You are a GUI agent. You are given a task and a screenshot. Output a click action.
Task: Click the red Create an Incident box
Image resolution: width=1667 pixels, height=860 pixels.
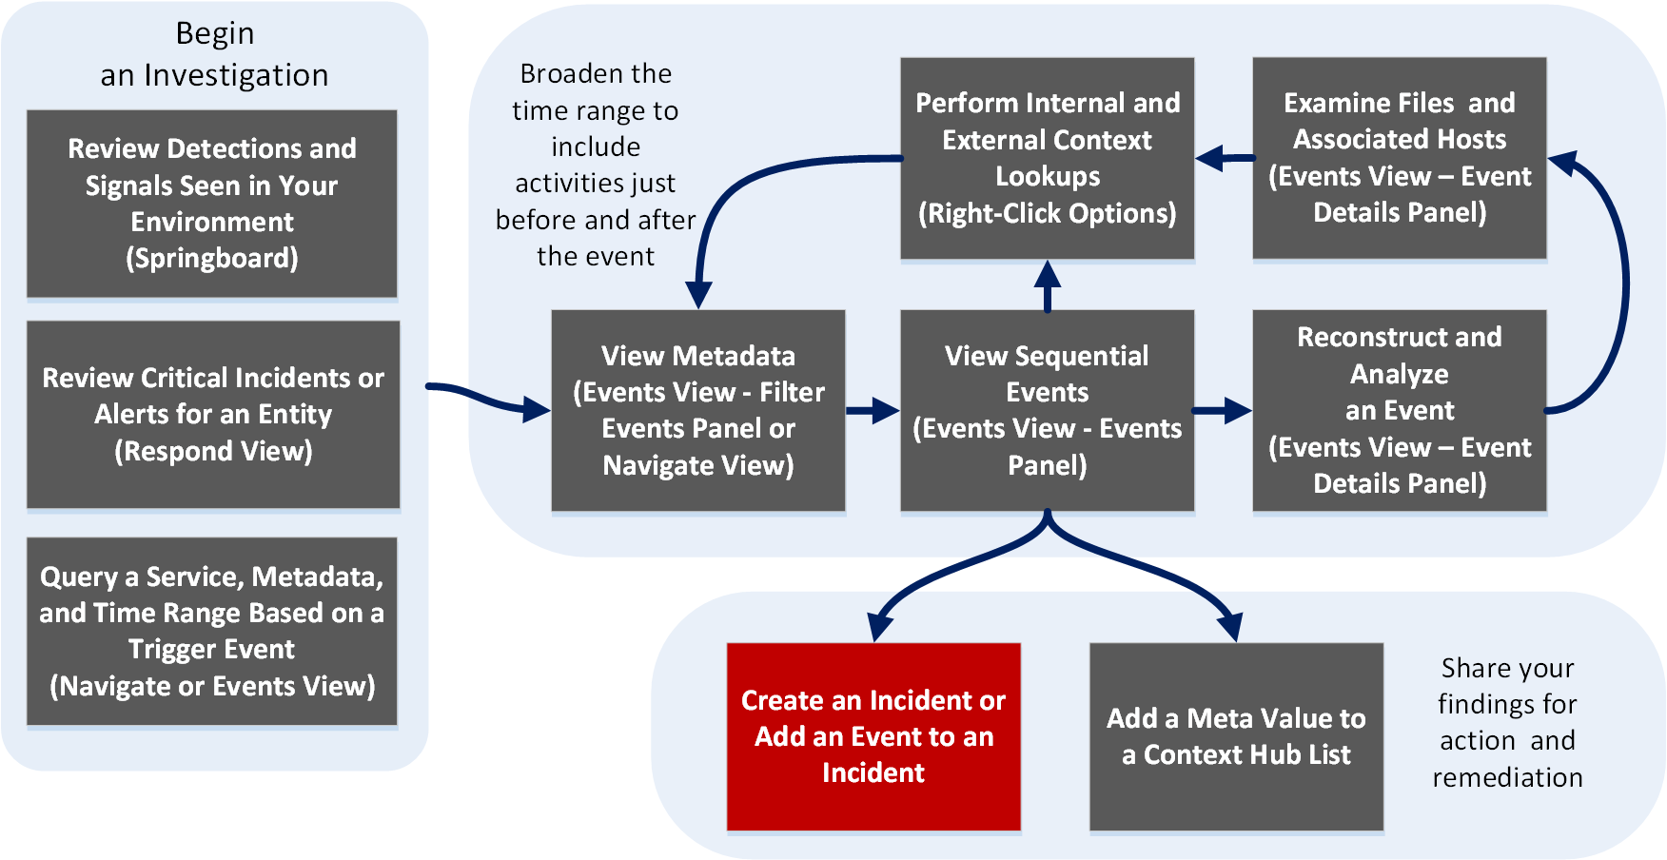point(873,736)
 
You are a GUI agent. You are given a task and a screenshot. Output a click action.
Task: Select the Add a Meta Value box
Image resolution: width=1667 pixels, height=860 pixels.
point(1236,736)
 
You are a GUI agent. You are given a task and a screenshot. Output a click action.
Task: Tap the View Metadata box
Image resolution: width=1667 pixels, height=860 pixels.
point(698,410)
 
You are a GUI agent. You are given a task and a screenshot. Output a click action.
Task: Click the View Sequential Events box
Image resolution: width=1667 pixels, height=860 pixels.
point(1047,410)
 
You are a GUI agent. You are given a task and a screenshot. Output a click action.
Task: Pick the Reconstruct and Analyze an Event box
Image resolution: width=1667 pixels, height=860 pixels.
point(1399,410)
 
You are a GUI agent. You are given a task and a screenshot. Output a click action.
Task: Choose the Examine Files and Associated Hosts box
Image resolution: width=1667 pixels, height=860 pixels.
point(1399,158)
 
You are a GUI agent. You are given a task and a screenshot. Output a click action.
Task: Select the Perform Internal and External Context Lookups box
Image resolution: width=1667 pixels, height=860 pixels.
point(1047,158)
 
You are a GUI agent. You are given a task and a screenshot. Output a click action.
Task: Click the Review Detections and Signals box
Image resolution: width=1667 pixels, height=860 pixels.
point(211,204)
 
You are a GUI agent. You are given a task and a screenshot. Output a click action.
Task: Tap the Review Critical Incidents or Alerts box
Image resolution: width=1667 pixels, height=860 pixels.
point(213,414)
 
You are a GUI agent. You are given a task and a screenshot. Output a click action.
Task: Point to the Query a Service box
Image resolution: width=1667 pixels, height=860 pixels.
point(211,631)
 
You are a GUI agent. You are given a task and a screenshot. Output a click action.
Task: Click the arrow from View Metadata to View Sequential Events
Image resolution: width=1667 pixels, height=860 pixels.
point(873,411)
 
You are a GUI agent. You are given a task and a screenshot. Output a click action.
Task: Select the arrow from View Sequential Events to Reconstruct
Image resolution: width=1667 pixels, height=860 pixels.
point(1222,411)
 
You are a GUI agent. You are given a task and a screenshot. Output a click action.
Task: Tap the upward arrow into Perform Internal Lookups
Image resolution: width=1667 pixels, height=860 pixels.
point(1048,285)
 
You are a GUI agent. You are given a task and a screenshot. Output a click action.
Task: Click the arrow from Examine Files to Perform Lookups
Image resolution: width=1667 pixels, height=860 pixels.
point(1224,158)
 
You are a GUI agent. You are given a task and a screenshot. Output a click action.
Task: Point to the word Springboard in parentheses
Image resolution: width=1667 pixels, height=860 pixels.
point(212,259)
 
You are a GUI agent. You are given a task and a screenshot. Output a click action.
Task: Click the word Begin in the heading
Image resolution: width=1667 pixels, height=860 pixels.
point(215,33)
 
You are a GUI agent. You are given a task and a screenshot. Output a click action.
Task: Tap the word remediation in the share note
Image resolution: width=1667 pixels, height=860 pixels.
point(1507,777)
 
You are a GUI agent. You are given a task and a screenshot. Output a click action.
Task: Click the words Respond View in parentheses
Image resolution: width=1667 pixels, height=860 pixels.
point(214,451)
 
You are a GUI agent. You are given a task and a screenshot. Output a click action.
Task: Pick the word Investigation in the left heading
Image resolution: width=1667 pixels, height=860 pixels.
point(236,75)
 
